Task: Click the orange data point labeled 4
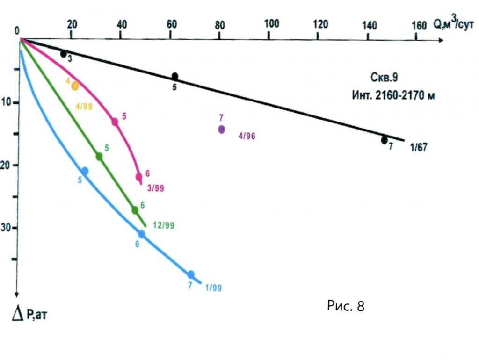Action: click(x=75, y=86)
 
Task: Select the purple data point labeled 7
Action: click(x=221, y=130)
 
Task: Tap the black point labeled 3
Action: click(x=64, y=54)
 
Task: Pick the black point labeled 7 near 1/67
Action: click(x=384, y=140)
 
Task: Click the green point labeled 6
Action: click(x=135, y=210)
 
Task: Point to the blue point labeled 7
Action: click(x=191, y=274)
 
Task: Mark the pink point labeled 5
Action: click(x=115, y=122)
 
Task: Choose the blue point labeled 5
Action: click(x=85, y=171)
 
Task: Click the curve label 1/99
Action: click(x=213, y=288)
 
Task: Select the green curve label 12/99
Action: click(x=164, y=225)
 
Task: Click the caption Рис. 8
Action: click(x=345, y=306)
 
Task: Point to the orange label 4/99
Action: click(x=84, y=107)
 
